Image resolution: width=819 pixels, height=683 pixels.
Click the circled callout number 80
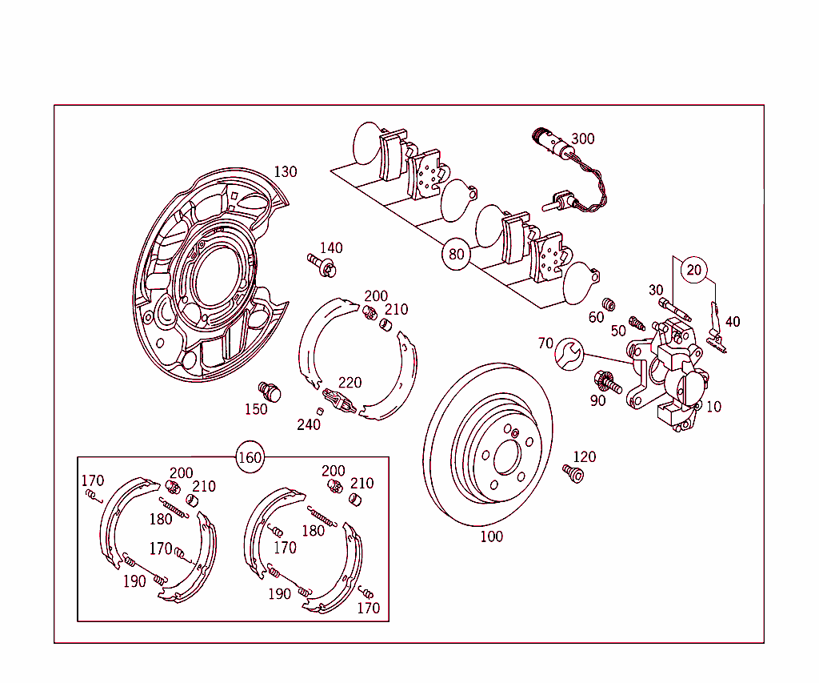coord(456,255)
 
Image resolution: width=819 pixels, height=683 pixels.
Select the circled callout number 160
coord(250,458)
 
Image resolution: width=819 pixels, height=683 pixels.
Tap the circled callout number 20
coord(693,270)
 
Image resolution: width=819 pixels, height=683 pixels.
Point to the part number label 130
coord(285,171)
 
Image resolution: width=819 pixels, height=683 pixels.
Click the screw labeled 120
coord(573,473)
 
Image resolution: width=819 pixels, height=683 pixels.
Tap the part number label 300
coord(582,139)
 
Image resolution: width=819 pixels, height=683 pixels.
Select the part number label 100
coord(491,536)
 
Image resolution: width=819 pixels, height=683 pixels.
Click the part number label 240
coord(308,424)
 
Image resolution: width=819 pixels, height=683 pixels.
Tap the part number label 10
coord(713,407)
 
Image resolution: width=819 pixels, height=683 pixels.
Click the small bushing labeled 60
coord(609,304)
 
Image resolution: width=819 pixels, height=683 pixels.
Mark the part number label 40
coord(732,322)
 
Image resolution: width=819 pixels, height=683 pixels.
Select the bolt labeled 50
coord(637,323)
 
